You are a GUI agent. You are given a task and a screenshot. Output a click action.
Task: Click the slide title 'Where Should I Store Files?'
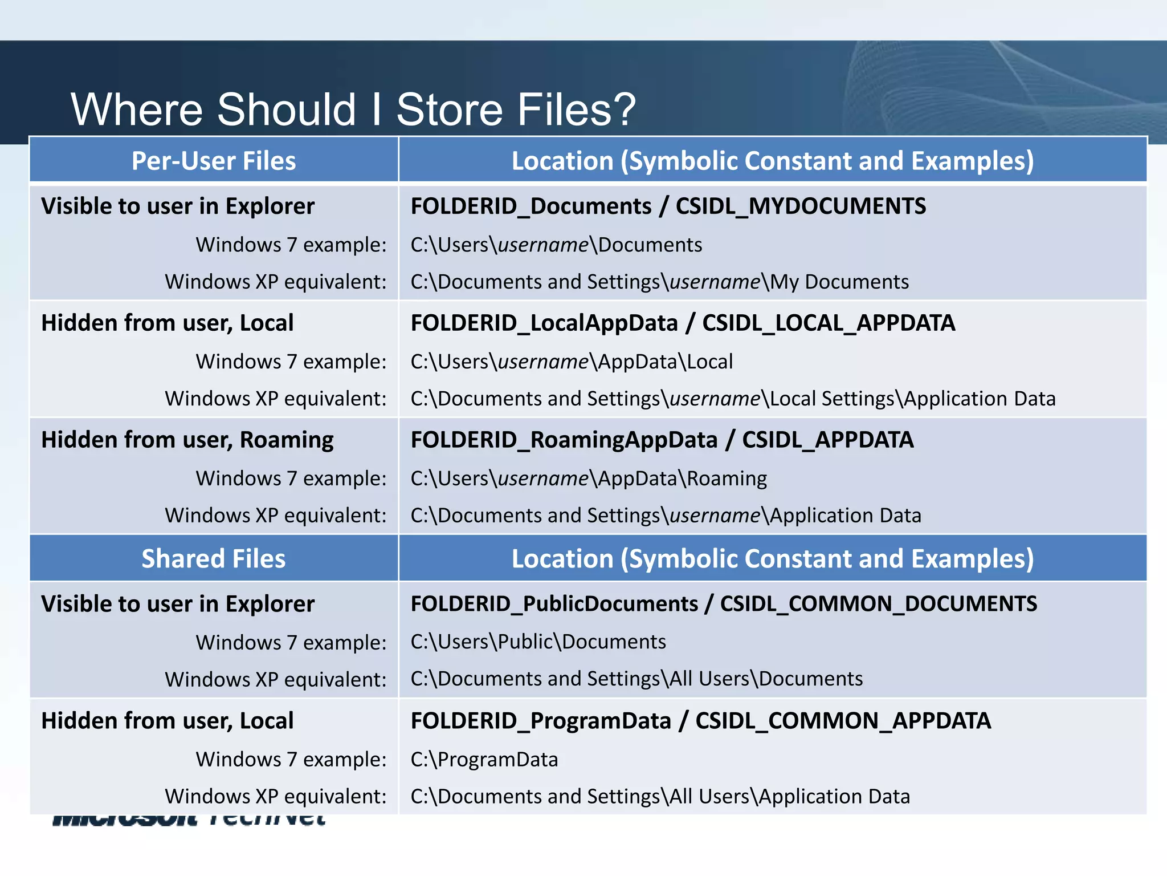(353, 109)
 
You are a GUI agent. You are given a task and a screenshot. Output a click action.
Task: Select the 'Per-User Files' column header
(214, 161)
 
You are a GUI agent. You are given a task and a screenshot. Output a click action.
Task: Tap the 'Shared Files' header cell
(214, 558)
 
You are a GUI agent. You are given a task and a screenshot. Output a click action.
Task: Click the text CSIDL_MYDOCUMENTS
(801, 206)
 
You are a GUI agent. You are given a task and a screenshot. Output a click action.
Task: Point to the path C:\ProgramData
(484, 760)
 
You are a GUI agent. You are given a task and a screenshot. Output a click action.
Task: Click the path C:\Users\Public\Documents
(538, 642)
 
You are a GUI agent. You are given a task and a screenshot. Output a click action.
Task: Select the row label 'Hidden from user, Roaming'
(187, 440)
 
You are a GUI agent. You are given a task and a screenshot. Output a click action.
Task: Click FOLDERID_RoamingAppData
(564, 440)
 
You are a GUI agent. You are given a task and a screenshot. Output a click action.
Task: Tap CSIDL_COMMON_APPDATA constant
(843, 721)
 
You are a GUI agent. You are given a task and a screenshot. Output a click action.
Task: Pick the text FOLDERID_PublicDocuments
(554, 604)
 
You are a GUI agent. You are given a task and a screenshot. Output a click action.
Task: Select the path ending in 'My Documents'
(659, 282)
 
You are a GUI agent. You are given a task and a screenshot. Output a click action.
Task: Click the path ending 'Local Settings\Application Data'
(733, 399)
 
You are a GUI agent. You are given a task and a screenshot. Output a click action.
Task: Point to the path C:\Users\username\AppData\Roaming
(589, 478)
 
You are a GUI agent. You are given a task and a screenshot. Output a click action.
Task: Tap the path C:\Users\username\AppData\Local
(572, 362)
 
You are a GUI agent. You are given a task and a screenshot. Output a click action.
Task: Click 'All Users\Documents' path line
(636, 679)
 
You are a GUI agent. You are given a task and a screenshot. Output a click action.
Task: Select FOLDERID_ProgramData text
(541, 721)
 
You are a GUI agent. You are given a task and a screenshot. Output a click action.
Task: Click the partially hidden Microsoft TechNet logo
(188, 820)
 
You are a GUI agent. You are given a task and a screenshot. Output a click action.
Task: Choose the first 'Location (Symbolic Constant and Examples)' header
(772, 161)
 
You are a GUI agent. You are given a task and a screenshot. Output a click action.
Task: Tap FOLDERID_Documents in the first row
(531, 206)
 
